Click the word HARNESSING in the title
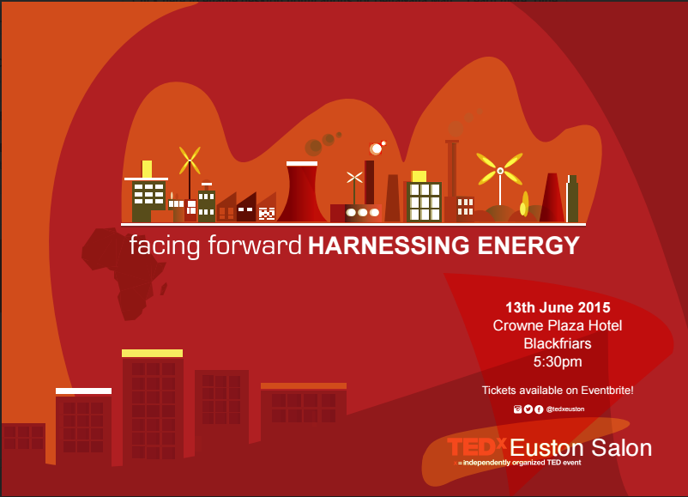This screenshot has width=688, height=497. tap(389, 245)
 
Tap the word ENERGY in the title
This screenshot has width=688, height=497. tap(528, 245)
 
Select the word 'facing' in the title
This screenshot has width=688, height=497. tap(165, 245)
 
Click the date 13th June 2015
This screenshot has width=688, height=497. tap(558, 307)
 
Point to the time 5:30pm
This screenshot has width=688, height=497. tap(558, 361)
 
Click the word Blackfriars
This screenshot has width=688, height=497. tap(558, 343)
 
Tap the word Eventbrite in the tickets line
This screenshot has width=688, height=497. tap(606, 391)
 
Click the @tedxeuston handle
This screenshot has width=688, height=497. tap(565, 409)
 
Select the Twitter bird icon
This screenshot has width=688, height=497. tap(528, 409)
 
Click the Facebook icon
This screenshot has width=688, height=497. tap(539, 409)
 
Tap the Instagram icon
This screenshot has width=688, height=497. tap(518, 409)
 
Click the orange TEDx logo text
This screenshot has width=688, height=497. tap(476, 447)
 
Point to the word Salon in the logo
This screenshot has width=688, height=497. tap(621, 448)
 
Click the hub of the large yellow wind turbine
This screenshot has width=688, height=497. tap(500, 170)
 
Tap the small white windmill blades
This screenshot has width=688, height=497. tap(354, 178)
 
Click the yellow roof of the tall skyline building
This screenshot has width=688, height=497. tap(152, 354)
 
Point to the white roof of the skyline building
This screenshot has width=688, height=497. tap(83, 391)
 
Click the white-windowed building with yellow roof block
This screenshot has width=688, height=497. tap(424, 197)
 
